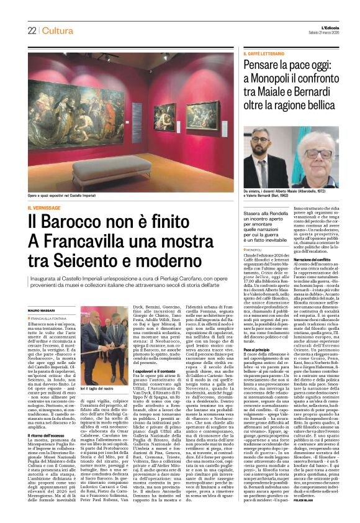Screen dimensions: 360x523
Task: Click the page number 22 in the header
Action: click(31, 30)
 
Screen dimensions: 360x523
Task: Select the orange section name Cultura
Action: click(58, 30)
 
